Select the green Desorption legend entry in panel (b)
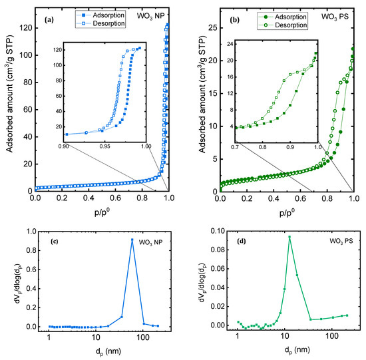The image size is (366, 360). pos(278,25)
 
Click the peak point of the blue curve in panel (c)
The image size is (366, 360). pos(132,240)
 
